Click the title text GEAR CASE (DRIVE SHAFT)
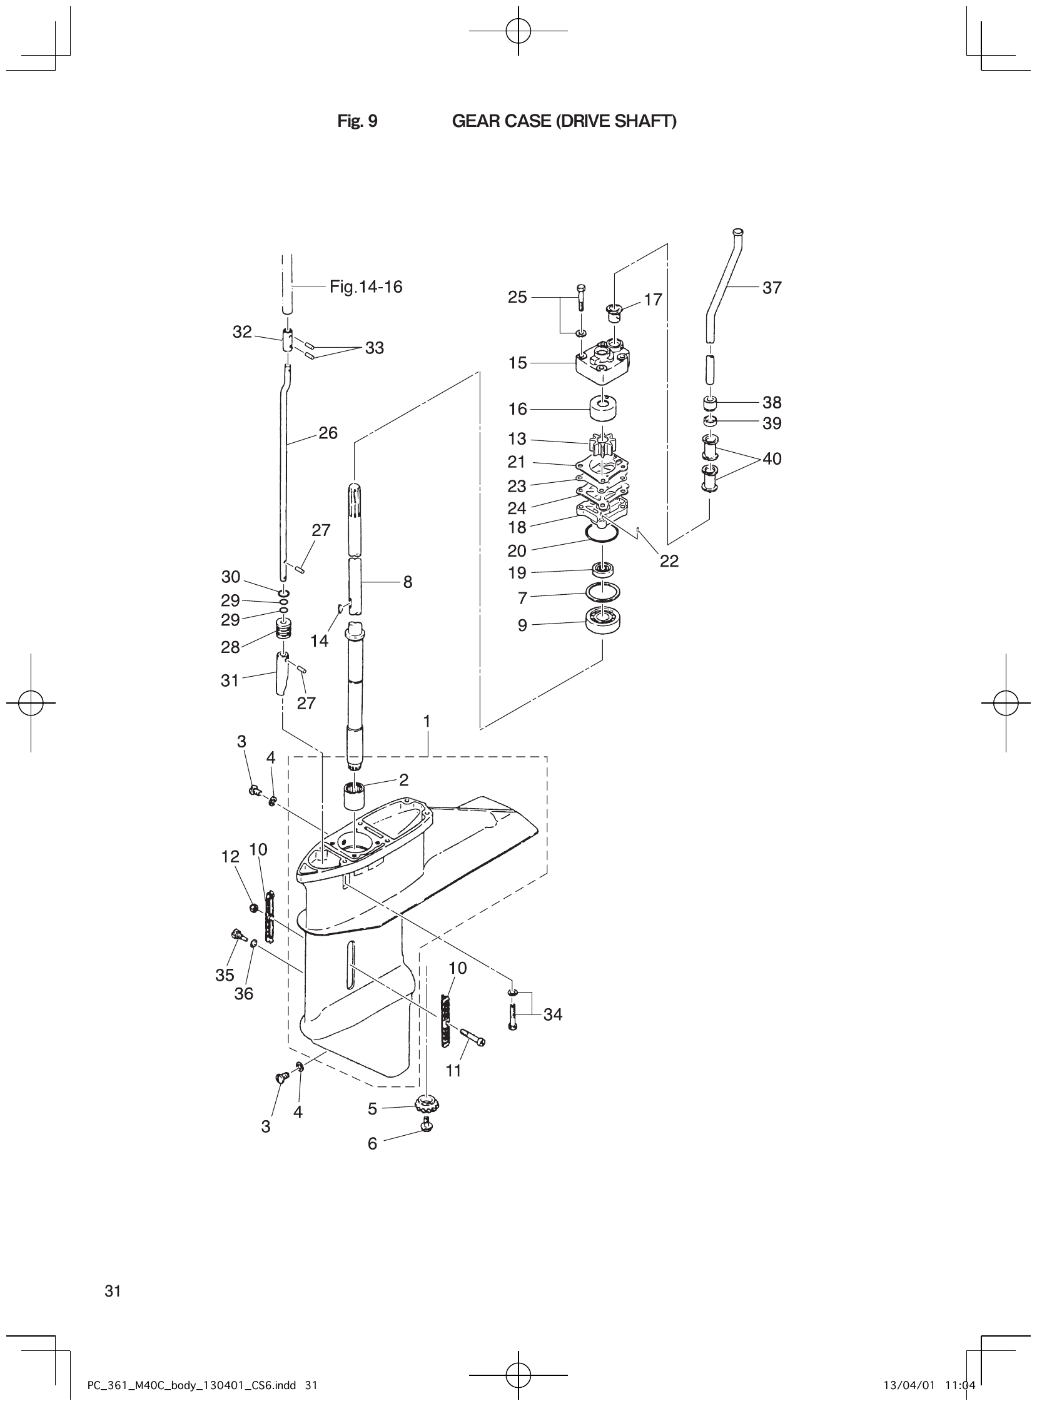tap(564, 121)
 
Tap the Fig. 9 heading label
tap(357, 121)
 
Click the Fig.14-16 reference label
tap(366, 287)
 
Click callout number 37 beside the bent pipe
tap(771, 288)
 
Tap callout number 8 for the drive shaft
tap(407, 582)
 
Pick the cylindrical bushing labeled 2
tap(356, 796)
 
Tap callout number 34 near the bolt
tap(552, 1014)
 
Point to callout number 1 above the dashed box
tap(427, 722)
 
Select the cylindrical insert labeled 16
tap(602, 408)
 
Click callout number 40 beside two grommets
tap(771, 459)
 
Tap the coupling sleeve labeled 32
tap(287, 341)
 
